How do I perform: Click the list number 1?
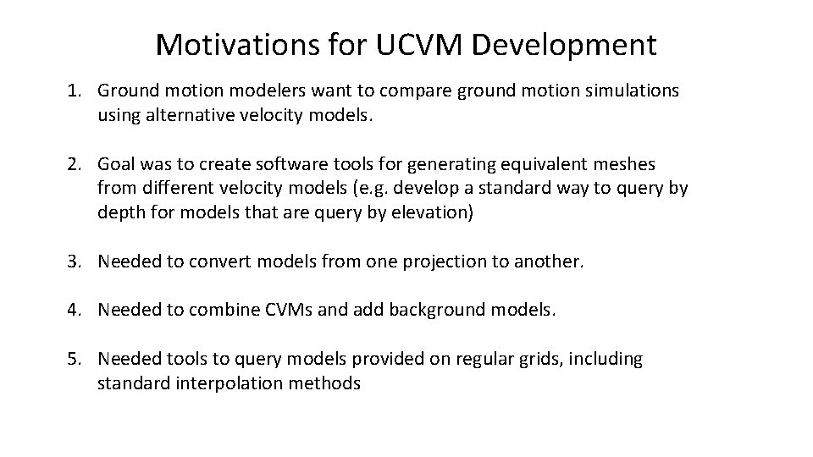74,90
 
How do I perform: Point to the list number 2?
74,163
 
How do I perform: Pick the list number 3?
74,262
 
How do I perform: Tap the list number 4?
74,310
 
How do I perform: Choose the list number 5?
74,359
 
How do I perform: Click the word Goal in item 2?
116,163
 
